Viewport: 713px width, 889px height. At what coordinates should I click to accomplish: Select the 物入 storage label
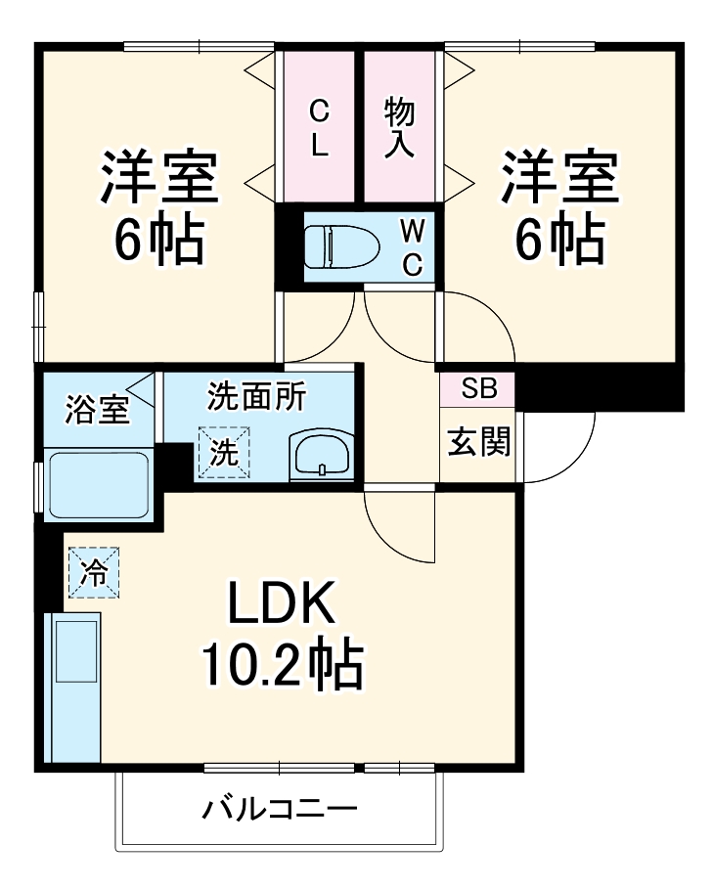tap(399, 127)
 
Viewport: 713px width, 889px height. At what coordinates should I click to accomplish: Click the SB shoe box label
tap(477, 389)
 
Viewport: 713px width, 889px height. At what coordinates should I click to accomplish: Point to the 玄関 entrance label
tap(478, 443)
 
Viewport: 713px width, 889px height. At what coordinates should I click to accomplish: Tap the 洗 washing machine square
tap(224, 453)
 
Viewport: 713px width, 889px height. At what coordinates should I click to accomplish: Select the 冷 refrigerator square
tap(94, 572)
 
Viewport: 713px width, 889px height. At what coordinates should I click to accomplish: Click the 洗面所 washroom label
tap(256, 396)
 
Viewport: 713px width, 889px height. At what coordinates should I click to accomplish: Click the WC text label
tap(413, 246)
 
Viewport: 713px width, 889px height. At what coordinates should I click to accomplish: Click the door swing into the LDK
tap(396, 523)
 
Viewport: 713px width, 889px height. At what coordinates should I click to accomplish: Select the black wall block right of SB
tap(599, 387)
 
